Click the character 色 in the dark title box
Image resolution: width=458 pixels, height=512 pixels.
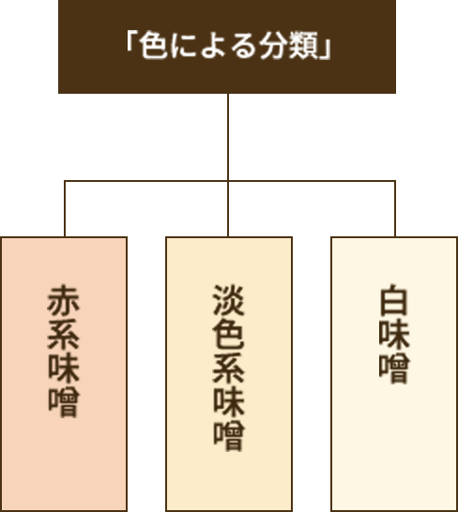pos(154,45)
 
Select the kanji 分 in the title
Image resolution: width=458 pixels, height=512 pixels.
pos(274,45)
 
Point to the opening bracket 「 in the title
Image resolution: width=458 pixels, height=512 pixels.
pos(131,42)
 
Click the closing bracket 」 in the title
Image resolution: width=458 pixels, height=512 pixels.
pos(326,50)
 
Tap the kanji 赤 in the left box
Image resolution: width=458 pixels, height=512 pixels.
pos(64,300)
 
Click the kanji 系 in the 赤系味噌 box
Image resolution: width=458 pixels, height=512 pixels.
pos(64,334)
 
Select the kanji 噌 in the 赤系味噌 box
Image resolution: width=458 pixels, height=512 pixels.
pos(64,402)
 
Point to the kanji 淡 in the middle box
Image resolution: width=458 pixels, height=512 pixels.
pos(228,300)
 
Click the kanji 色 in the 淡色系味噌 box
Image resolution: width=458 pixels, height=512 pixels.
pos(228,334)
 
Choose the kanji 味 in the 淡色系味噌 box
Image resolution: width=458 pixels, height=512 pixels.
pos(228,402)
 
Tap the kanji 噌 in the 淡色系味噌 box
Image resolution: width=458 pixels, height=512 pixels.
pos(228,436)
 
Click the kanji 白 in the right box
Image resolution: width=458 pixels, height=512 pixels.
pos(394,300)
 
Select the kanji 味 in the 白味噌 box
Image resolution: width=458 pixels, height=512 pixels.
pos(394,334)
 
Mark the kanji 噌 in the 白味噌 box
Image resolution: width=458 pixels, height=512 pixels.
pos(394,368)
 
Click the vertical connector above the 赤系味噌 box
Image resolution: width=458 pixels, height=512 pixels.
pos(65,209)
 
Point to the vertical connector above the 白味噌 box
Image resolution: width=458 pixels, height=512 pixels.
pos(395,209)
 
